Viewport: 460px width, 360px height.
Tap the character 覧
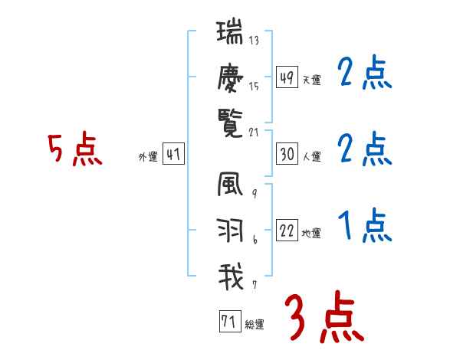pos(230,120)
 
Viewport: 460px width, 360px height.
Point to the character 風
pos(230,187)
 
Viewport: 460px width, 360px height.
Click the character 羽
pos(230,231)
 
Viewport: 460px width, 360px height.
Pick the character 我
pos(230,276)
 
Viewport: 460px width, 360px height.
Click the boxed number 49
pos(287,77)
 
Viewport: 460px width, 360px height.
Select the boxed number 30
pos(287,154)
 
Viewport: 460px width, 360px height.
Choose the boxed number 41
pos(173,155)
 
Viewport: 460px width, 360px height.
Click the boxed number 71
pos(229,322)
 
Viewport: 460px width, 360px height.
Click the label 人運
pos(312,157)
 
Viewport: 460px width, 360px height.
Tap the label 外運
pos(147,157)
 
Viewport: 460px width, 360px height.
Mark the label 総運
pos(255,325)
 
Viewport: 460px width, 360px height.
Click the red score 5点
pos(74,149)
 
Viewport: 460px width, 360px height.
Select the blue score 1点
pos(364,226)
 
